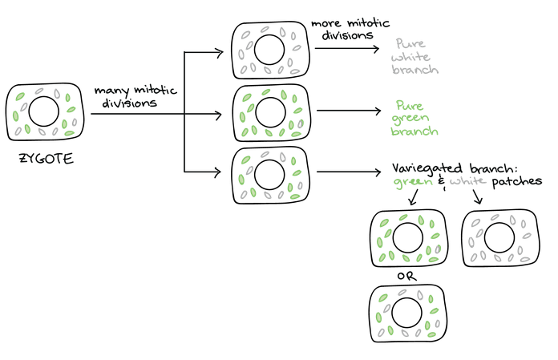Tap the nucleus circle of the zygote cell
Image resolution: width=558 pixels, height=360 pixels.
pos(46,111)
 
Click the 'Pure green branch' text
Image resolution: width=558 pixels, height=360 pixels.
pos(415,118)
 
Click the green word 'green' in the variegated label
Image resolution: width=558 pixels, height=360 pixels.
pos(410,183)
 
